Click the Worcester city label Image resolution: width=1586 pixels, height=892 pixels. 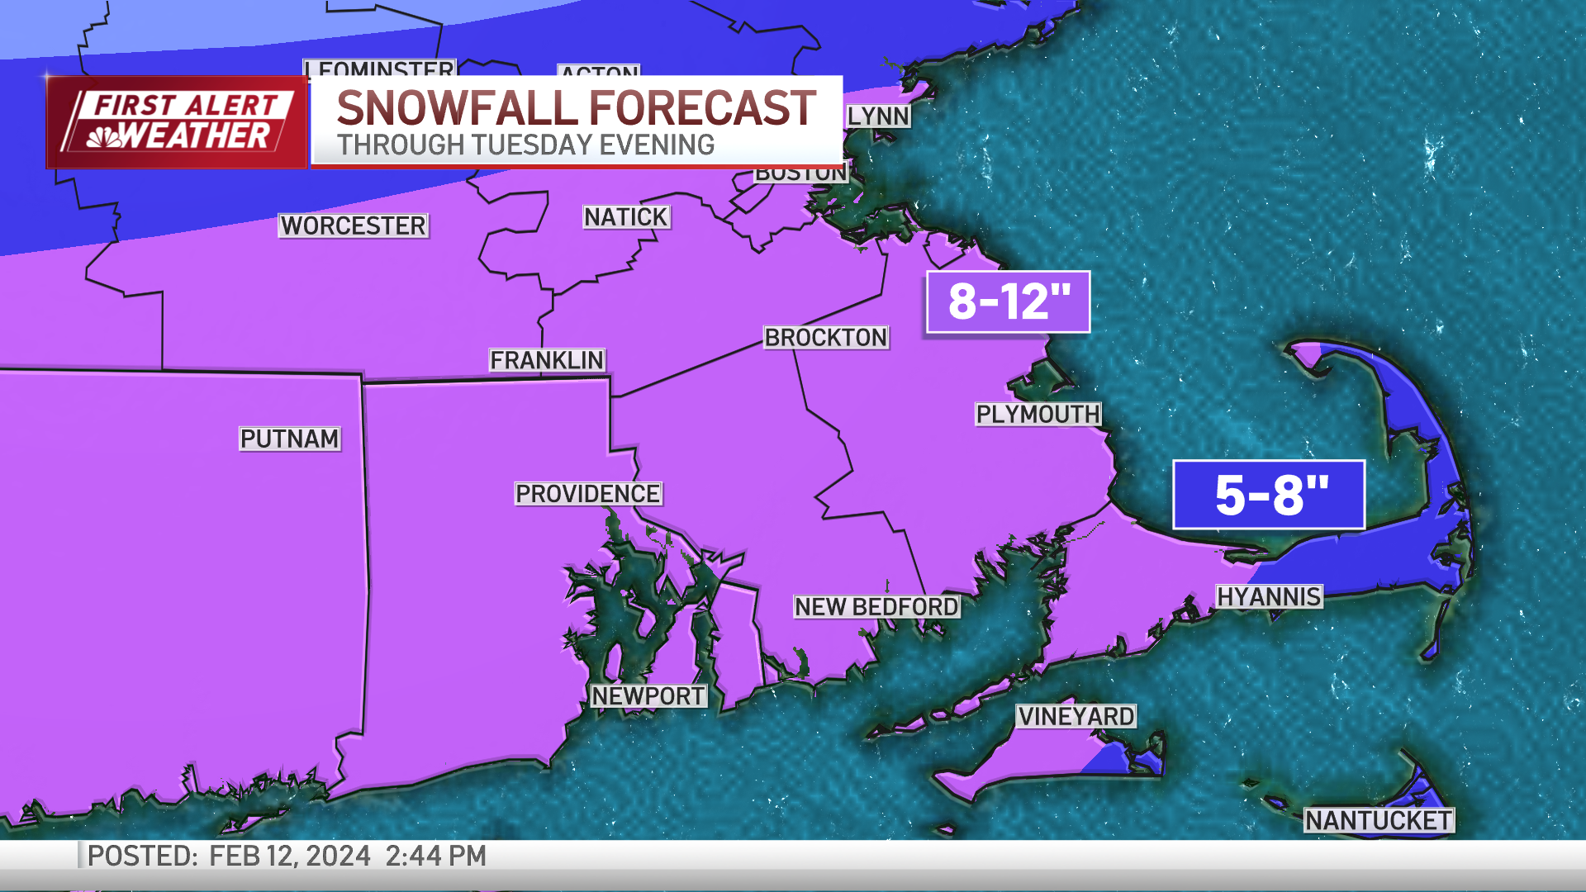tap(353, 225)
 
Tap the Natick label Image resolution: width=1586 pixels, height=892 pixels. tap(626, 217)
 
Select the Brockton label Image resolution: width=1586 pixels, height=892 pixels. tap(825, 338)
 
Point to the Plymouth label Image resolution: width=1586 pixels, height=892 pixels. tap(1038, 414)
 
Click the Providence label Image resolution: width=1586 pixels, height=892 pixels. tap(587, 494)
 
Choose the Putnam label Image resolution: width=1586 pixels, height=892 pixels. tap(289, 439)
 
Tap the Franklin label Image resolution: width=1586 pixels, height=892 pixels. tap(547, 360)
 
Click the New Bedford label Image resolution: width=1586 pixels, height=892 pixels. tap(876, 607)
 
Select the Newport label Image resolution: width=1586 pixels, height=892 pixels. tap(648, 696)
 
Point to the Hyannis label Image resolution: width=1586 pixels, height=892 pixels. tap(1269, 596)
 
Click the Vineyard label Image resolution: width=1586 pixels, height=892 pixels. tap(1076, 716)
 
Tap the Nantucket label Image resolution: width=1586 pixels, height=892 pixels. tap(1378, 820)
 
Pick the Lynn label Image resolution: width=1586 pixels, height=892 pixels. tap(878, 116)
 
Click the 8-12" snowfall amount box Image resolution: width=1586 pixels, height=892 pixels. tap(1008, 301)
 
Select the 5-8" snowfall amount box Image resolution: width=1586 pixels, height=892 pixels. tap(1269, 495)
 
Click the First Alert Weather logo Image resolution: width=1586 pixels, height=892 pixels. tap(177, 122)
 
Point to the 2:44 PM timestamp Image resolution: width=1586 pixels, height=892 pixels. tap(435, 856)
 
